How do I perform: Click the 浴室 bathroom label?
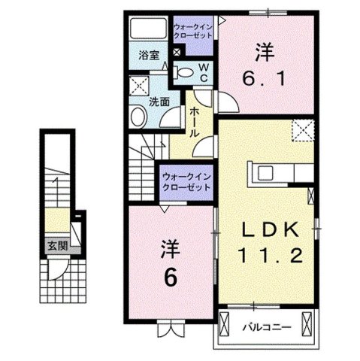148,55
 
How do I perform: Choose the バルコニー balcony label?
262,326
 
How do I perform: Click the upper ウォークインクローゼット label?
193,32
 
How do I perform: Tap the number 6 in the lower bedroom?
171,278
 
